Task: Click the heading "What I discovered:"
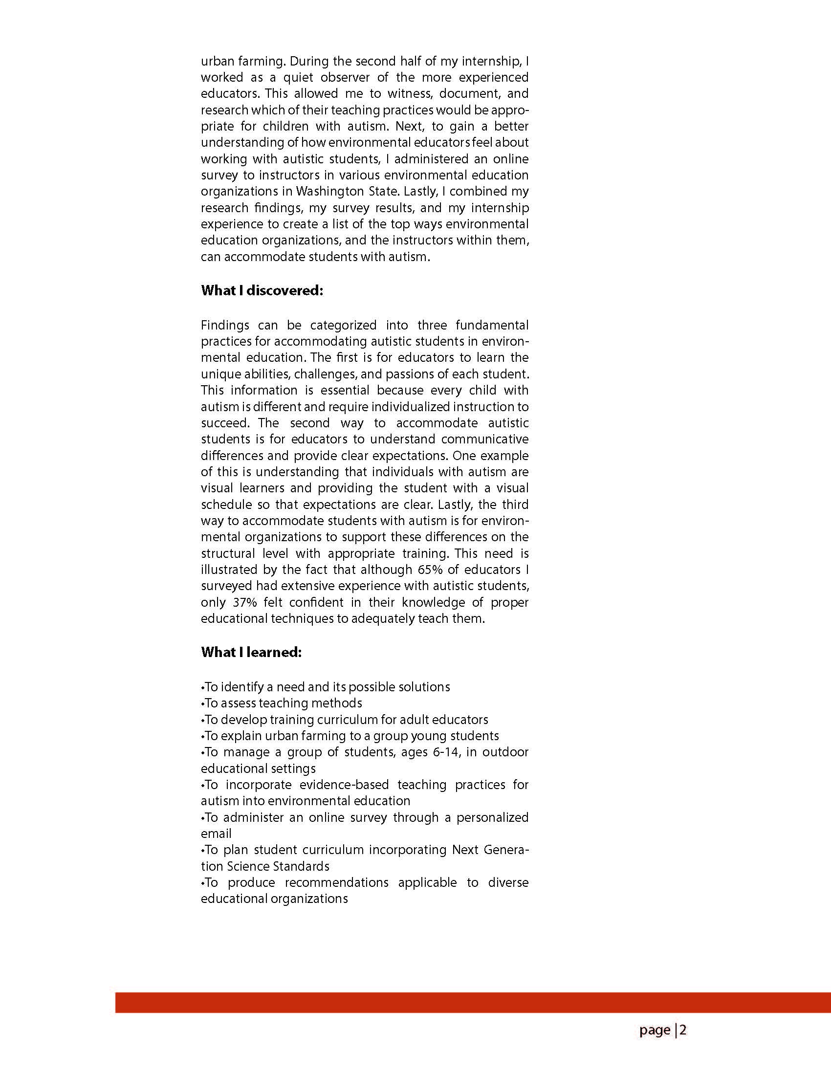point(262,291)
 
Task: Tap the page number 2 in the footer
point(683,1030)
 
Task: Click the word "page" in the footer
point(655,1030)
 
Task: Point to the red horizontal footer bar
point(473,1003)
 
